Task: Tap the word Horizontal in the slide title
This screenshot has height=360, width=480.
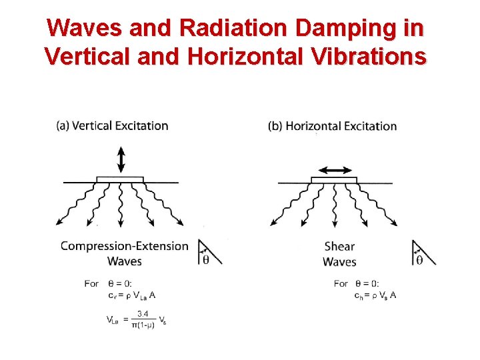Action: point(253,56)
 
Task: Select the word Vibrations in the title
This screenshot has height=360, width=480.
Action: point(375,56)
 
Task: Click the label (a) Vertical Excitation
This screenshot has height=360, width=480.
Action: point(112,125)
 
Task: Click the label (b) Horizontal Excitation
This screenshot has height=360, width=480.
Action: point(332,126)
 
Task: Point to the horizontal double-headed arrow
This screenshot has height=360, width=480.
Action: point(335,171)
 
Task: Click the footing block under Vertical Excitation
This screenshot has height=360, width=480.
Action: point(120,179)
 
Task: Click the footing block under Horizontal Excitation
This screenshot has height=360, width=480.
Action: point(334,179)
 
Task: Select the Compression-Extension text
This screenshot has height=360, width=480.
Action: point(125,246)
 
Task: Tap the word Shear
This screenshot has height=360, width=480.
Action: point(339,247)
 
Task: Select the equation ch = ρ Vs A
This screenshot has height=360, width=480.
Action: point(375,295)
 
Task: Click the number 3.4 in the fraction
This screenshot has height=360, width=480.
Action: point(143,313)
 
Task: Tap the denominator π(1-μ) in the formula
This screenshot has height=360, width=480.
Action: point(142,324)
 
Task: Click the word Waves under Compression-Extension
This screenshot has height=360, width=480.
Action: point(125,261)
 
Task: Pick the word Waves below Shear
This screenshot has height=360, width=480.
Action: point(339,262)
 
